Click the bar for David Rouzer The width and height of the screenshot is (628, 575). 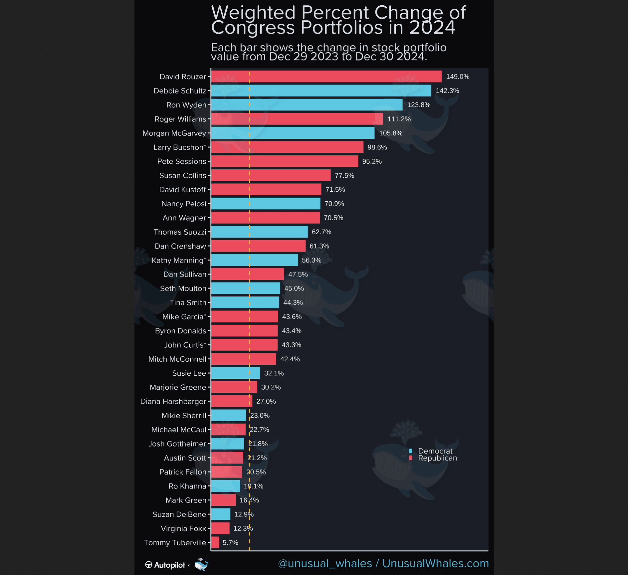tap(326, 77)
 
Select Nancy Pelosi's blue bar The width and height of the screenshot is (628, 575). tap(266, 204)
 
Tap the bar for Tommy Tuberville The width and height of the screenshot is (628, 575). tap(215, 542)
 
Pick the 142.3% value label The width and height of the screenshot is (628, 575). tap(447, 91)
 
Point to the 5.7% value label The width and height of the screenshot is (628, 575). tap(230, 542)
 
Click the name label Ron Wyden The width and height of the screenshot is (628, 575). tap(186, 105)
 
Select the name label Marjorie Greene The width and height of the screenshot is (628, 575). tap(178, 387)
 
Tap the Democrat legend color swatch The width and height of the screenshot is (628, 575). tap(410, 451)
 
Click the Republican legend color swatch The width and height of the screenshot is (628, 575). tap(410, 458)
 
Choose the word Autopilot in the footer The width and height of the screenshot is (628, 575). tap(169, 565)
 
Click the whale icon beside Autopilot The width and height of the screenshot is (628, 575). tap(201, 564)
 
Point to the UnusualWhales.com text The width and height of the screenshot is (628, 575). tap(435, 563)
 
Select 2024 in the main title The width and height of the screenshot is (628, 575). tap(432, 27)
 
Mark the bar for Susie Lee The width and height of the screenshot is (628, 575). tap(236, 373)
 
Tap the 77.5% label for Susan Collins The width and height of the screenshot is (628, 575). tap(344, 175)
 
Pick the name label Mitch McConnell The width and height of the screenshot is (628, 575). tap(177, 359)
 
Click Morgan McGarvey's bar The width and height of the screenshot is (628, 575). tap(293, 133)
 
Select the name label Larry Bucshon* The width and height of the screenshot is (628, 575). tap(180, 147)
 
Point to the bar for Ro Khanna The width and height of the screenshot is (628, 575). tap(225, 486)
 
